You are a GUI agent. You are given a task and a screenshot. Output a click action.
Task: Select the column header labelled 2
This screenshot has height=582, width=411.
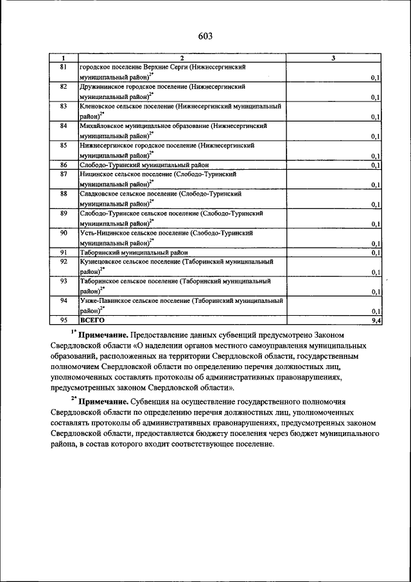[x=182, y=59]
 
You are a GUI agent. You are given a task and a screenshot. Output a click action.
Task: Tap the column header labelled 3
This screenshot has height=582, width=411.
[x=333, y=59]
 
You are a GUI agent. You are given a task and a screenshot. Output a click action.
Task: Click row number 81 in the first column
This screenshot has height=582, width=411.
[x=64, y=67]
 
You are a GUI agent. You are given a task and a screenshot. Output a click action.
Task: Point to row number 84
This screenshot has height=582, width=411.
[x=64, y=126]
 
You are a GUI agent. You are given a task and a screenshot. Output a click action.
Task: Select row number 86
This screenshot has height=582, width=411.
[x=64, y=165]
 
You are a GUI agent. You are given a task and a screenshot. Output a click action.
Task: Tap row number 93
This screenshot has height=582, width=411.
[x=64, y=282]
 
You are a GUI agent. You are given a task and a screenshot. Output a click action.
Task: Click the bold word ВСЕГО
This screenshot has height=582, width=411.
[x=92, y=320]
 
